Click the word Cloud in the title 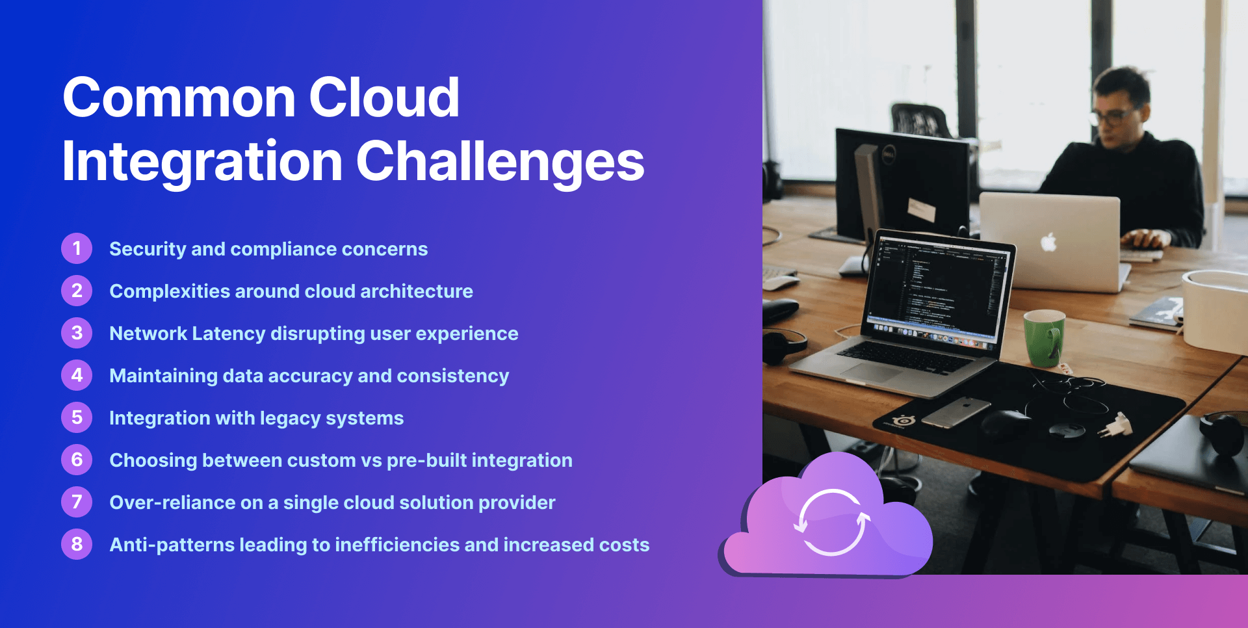[383, 98]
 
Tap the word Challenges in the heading [500, 163]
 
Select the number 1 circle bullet [77, 248]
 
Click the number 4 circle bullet [77, 375]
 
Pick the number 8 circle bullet [77, 544]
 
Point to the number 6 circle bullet [77, 460]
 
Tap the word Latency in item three [229, 334]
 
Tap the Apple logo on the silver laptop [1048, 242]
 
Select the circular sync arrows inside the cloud [832, 522]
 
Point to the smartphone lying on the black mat [955, 412]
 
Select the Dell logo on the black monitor [889, 154]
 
